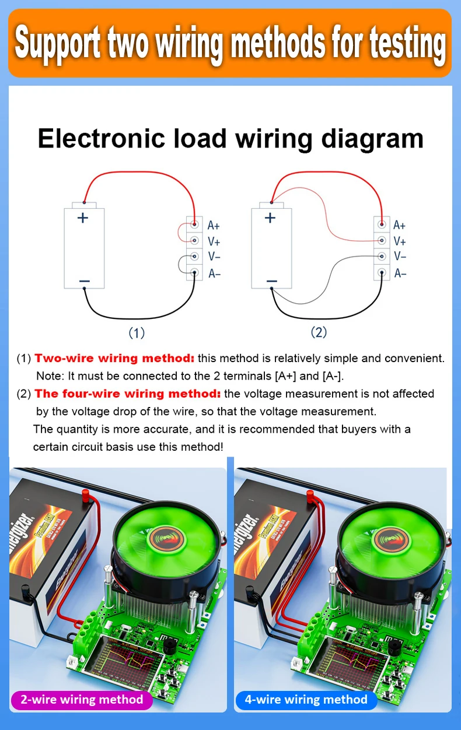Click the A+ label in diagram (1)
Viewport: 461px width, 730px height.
(x=214, y=225)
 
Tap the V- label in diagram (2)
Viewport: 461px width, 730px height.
(x=400, y=257)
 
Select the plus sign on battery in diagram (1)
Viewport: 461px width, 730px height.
(x=83, y=218)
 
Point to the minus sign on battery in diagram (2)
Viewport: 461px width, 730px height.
(x=271, y=281)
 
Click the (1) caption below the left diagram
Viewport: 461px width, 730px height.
(x=136, y=333)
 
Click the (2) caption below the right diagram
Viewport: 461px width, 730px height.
(x=318, y=332)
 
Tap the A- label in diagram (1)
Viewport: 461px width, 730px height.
(x=214, y=273)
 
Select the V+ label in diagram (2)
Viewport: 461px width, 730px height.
(x=400, y=241)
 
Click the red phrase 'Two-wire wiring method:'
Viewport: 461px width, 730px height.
(x=114, y=358)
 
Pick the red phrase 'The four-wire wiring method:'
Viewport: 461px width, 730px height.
(x=128, y=394)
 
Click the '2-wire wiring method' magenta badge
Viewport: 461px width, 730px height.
(x=82, y=700)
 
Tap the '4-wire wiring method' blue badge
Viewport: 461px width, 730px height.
(x=306, y=700)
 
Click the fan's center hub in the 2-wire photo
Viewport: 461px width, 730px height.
(x=166, y=539)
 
